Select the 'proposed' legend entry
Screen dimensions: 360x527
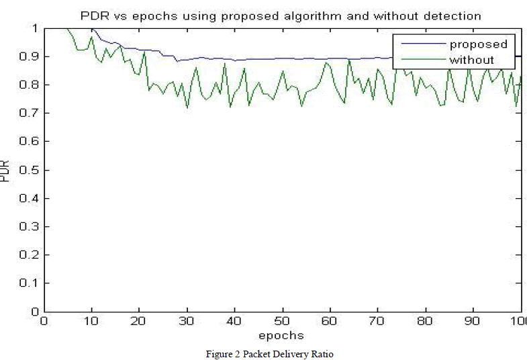(478, 44)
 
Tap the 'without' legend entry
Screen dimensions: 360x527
(471, 59)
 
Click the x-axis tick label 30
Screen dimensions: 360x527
(187, 322)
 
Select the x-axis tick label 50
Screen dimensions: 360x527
(283, 322)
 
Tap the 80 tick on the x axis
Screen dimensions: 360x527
(426, 322)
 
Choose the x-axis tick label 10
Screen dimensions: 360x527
(92, 322)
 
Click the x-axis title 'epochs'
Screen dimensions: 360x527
(283, 335)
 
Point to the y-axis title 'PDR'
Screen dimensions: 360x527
(6, 170)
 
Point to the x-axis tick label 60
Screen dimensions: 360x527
(330, 322)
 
